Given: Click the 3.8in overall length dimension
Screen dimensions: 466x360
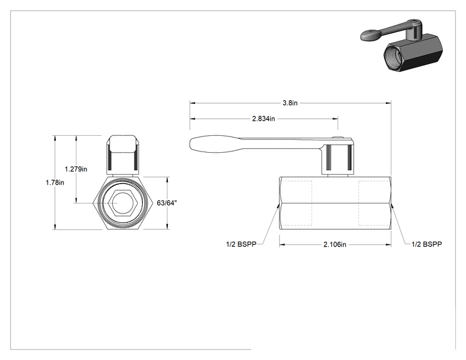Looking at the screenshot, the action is point(290,103).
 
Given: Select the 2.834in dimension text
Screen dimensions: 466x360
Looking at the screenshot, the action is point(264,119).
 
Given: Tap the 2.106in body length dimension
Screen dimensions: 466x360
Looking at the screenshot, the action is point(334,244).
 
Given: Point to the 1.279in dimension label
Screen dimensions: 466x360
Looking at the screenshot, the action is point(76,169).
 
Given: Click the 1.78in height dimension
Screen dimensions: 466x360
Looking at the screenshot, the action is point(54,182).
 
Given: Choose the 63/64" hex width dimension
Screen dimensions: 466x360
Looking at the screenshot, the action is point(167,203).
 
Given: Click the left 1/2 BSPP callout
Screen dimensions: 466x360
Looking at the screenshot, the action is point(241,244).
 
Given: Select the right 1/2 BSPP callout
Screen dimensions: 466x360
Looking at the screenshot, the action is point(427,244).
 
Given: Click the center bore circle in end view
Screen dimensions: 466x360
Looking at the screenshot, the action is point(122,203).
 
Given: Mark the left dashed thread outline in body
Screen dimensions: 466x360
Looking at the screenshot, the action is point(296,203).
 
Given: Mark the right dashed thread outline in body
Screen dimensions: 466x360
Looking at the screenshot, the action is point(374,203).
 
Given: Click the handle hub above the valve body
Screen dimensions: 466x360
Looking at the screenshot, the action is point(338,157).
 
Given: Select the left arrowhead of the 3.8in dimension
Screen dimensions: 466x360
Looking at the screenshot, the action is point(192,103).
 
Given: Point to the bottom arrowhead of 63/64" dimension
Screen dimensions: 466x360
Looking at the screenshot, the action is point(167,227).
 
